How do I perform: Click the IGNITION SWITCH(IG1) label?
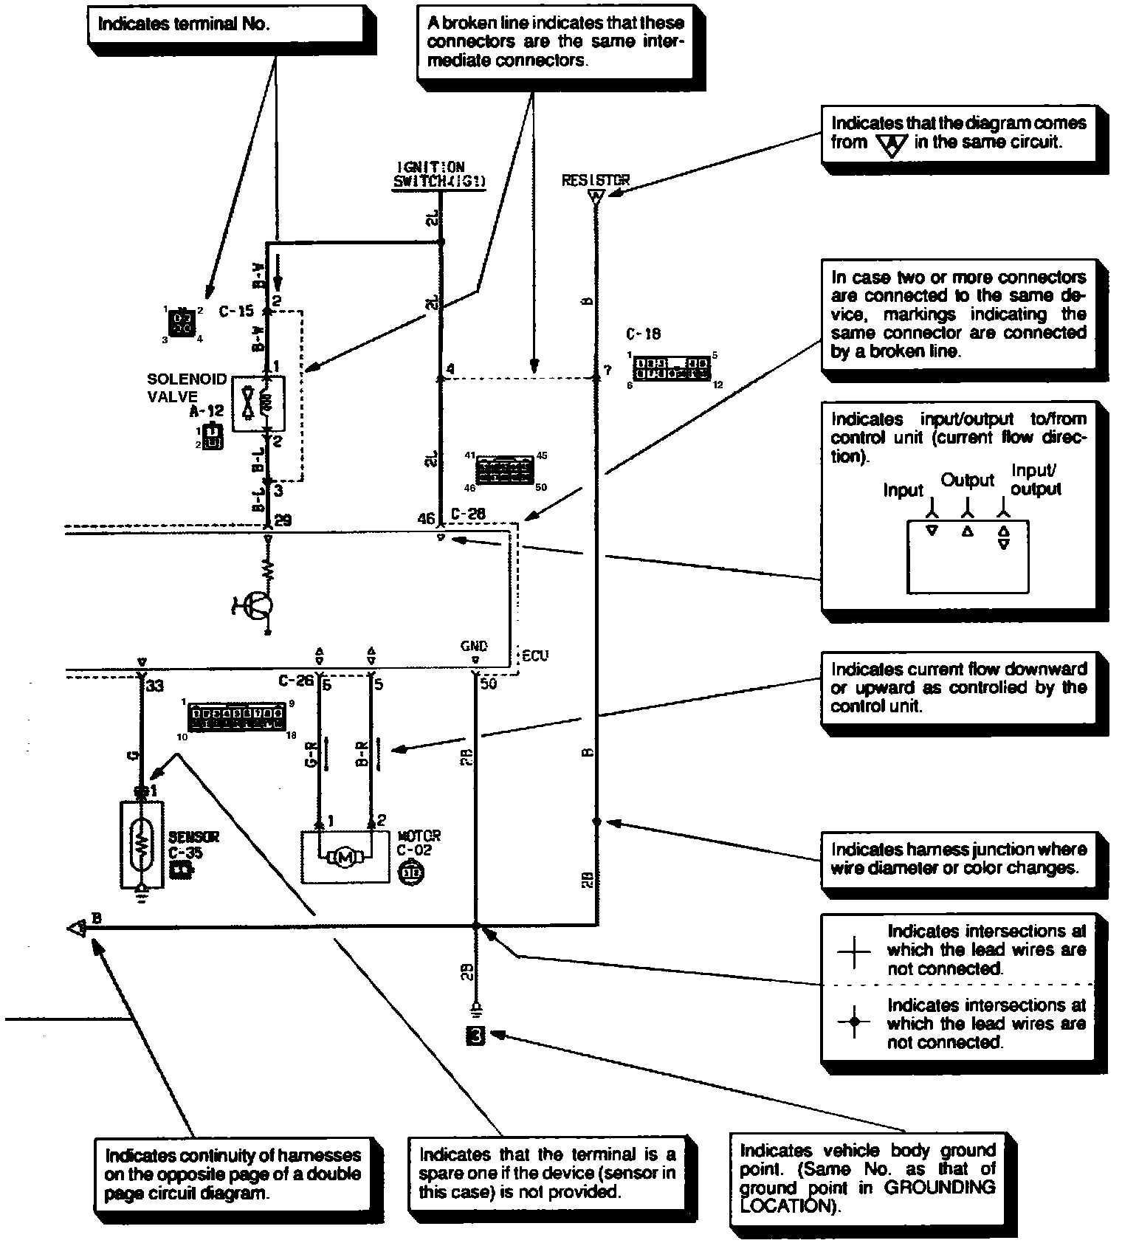coord(439,176)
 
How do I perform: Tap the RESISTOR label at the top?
coord(596,179)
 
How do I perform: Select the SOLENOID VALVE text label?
coord(176,388)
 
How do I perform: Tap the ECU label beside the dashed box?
coord(535,656)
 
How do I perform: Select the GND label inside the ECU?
coord(474,646)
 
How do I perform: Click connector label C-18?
coord(643,334)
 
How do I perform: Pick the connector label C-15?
coord(236,311)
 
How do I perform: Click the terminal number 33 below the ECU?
coord(154,686)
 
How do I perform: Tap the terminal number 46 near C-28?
coord(426,519)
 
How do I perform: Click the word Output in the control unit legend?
coord(967,481)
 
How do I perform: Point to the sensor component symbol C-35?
coord(142,844)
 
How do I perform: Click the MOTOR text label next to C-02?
coord(419,836)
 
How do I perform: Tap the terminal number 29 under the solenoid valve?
coord(282,520)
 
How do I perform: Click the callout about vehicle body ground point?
coord(868,1178)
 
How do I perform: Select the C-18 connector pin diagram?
coord(672,368)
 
